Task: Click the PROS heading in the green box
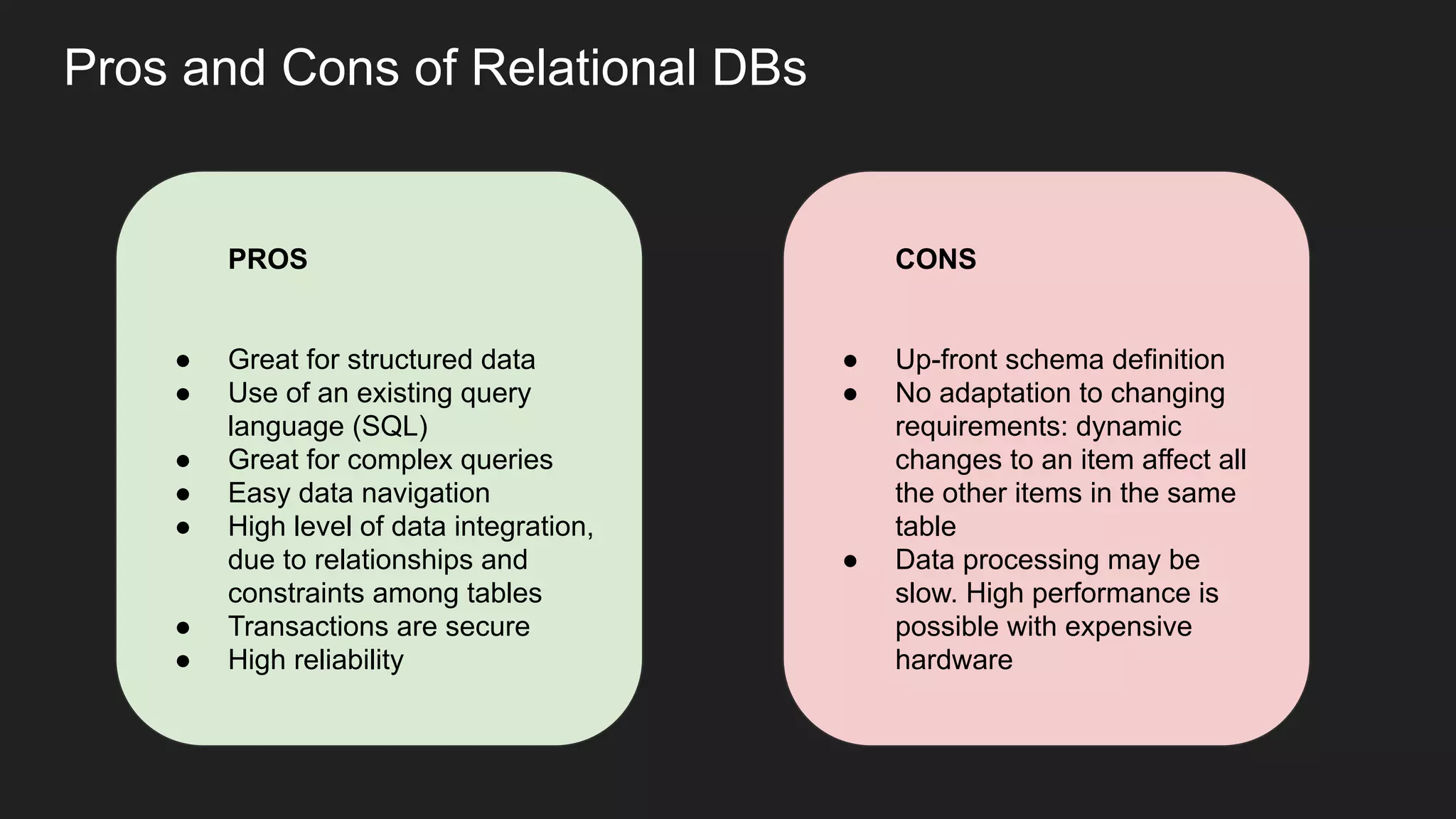pos(267,259)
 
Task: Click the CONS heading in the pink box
pos(935,259)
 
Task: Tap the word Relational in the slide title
pos(584,68)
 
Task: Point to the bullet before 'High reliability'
pos(183,661)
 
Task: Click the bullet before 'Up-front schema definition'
pos(850,361)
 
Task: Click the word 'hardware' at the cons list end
pos(953,660)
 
